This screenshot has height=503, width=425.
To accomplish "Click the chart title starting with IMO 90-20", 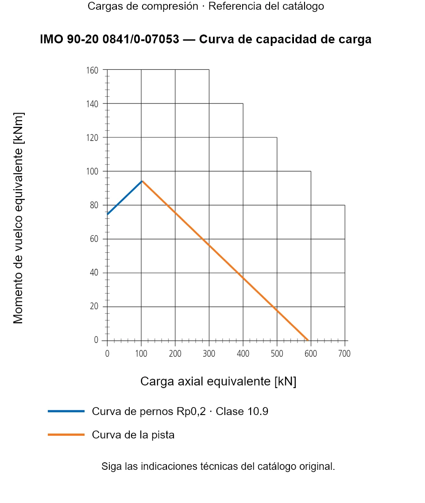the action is coord(205,39).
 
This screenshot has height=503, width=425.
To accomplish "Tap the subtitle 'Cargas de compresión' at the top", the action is coord(143,6).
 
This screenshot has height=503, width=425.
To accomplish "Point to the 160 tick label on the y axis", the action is coord(92,70).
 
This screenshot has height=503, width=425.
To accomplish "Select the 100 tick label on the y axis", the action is coord(92,171).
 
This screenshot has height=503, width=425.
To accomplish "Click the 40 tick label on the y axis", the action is coord(94,273).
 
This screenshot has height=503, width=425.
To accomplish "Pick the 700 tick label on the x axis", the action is coord(344,354).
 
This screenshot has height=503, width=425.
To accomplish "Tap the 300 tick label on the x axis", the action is coord(209,354).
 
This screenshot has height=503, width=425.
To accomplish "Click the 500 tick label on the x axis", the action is coord(277,354).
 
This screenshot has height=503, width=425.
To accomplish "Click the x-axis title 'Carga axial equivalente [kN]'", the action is coord(218,381).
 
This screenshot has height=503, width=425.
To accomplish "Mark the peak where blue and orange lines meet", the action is coord(142,181).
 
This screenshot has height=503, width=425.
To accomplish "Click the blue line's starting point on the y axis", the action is coord(107,214).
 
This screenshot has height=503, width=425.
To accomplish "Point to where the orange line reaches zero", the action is coord(308,340).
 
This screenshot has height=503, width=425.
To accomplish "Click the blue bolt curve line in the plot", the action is coord(125,198).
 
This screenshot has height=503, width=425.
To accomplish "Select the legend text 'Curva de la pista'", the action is coord(133,434).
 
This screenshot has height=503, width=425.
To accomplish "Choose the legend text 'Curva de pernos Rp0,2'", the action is coord(149,411).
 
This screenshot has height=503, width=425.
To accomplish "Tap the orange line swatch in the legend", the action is coord(66,434).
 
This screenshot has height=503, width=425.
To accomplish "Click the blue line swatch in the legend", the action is coord(66,411).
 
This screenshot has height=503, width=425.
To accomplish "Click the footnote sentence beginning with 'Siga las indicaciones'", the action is coord(218,466).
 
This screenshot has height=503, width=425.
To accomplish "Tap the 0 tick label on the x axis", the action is coord(107,354).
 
